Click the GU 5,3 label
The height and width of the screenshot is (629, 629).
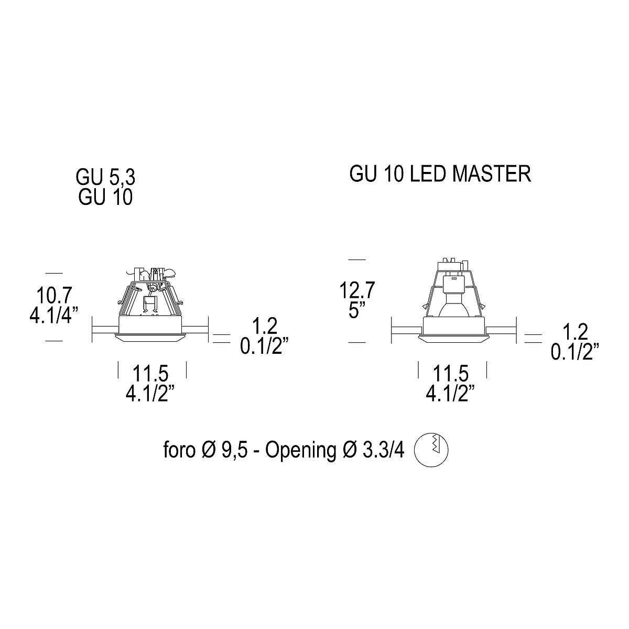105,178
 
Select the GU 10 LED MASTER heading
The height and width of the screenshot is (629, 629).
440,173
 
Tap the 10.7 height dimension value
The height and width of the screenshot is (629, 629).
54,295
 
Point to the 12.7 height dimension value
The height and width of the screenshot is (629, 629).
357,290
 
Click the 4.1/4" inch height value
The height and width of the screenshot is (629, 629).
54,315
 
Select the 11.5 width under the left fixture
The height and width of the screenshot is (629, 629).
150,373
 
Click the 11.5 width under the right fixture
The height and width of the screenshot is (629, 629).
450,373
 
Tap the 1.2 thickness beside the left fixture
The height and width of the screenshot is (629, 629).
265,326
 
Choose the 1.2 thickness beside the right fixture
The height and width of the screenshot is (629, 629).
575,332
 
